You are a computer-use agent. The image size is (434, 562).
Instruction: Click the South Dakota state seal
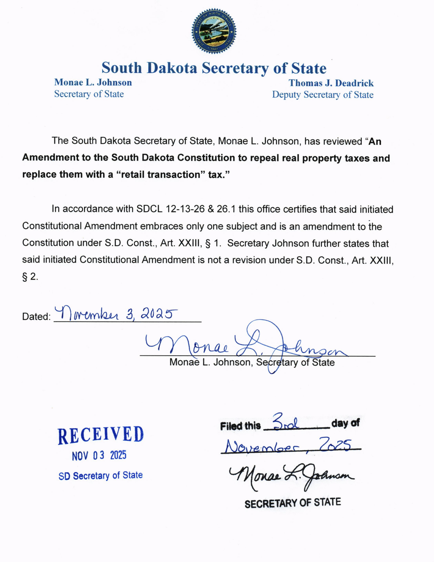[x=214, y=31]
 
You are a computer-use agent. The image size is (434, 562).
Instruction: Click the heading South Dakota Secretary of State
[x=214, y=68]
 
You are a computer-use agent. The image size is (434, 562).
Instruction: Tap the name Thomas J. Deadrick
[x=331, y=83]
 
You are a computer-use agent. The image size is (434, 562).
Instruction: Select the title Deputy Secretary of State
[x=323, y=95]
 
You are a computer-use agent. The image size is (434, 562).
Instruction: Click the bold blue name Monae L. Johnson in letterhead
[x=93, y=82]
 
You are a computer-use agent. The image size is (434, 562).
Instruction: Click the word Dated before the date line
[x=36, y=317]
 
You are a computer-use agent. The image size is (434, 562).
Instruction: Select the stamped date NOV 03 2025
[x=99, y=456]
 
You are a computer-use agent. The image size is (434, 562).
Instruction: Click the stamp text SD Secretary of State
[x=101, y=476]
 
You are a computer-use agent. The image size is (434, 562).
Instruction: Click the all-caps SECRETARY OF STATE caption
[x=293, y=503]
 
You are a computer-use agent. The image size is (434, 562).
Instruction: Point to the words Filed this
[x=240, y=426]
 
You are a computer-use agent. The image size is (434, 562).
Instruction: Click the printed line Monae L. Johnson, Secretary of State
[x=252, y=362]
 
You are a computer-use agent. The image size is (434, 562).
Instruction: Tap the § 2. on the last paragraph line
[x=30, y=277]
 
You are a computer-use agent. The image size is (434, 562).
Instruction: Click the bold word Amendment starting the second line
[x=50, y=157]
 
